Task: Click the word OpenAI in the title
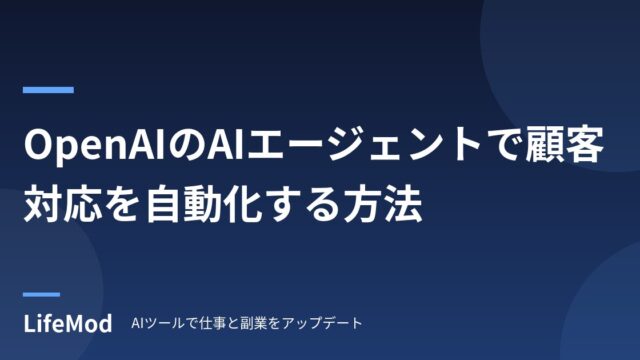(x=94, y=145)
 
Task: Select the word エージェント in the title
(x=363, y=145)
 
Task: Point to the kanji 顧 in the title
(x=545, y=145)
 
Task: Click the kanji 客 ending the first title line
(x=584, y=145)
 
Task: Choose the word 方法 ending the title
(x=383, y=203)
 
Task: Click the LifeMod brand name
(x=68, y=324)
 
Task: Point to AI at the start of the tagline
(x=136, y=323)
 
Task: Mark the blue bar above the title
(x=48, y=90)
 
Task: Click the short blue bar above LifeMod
(x=41, y=294)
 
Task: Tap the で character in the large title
(x=505, y=146)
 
